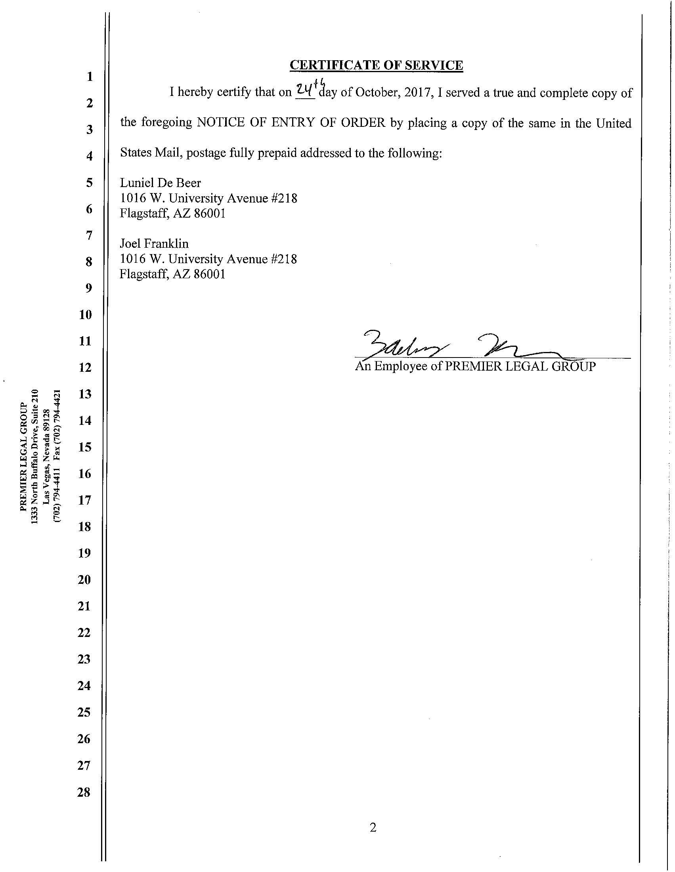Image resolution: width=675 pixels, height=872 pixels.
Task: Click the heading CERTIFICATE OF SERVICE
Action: (x=376, y=65)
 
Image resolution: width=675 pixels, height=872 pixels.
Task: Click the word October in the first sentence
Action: (x=375, y=93)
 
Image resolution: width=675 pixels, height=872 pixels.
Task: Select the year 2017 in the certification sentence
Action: (x=417, y=93)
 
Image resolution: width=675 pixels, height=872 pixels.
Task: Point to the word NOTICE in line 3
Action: (x=220, y=122)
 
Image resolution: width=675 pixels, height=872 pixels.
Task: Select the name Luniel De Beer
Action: (x=161, y=183)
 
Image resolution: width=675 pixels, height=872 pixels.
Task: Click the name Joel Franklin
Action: (x=154, y=243)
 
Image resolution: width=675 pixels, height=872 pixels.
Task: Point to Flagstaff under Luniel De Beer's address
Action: (x=143, y=214)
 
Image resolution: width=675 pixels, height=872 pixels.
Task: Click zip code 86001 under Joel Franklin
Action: (x=209, y=274)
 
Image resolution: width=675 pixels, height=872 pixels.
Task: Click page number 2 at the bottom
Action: (x=373, y=828)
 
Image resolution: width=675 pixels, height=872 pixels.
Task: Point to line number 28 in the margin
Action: (x=84, y=792)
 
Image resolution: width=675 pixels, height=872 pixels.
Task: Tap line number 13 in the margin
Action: (x=85, y=394)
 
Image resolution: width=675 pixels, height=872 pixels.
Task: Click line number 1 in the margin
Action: (x=90, y=76)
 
